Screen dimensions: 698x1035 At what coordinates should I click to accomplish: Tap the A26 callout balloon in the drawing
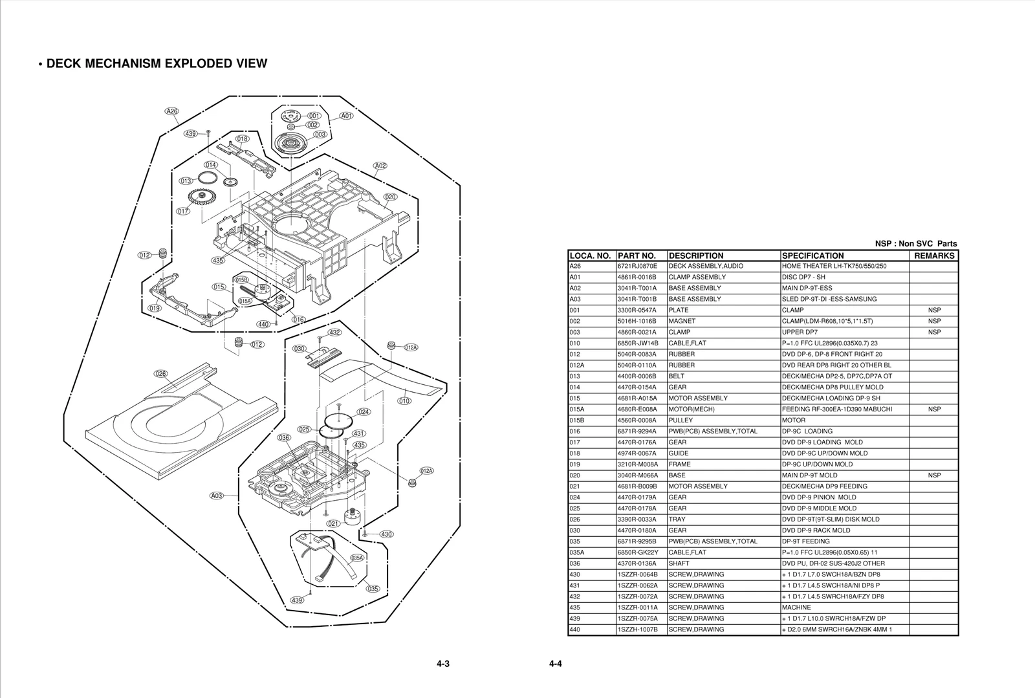tap(171, 111)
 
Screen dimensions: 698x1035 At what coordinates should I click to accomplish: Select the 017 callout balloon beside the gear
tap(183, 212)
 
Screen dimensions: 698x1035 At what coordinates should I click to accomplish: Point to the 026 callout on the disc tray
tap(161, 374)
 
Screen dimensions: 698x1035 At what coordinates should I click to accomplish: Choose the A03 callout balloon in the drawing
tap(217, 496)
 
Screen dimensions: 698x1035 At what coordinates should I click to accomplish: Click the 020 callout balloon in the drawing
tap(390, 197)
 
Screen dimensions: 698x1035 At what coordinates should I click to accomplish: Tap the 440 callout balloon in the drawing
tap(263, 324)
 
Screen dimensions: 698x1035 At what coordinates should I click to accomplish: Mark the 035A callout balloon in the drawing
tap(357, 558)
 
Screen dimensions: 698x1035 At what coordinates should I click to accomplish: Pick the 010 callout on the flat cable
tap(404, 401)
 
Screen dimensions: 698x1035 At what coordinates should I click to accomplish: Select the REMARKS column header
tap(933, 256)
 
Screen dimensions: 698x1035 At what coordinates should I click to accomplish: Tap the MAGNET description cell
tap(682, 321)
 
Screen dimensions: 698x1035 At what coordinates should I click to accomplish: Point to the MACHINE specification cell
tap(796, 607)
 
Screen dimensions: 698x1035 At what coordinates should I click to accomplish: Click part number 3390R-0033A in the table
tap(637, 519)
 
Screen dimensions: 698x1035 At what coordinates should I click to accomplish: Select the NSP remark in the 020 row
tap(934, 475)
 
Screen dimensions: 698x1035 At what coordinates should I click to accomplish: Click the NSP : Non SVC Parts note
tap(916, 244)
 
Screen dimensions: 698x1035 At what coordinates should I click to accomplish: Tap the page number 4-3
tap(442, 664)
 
